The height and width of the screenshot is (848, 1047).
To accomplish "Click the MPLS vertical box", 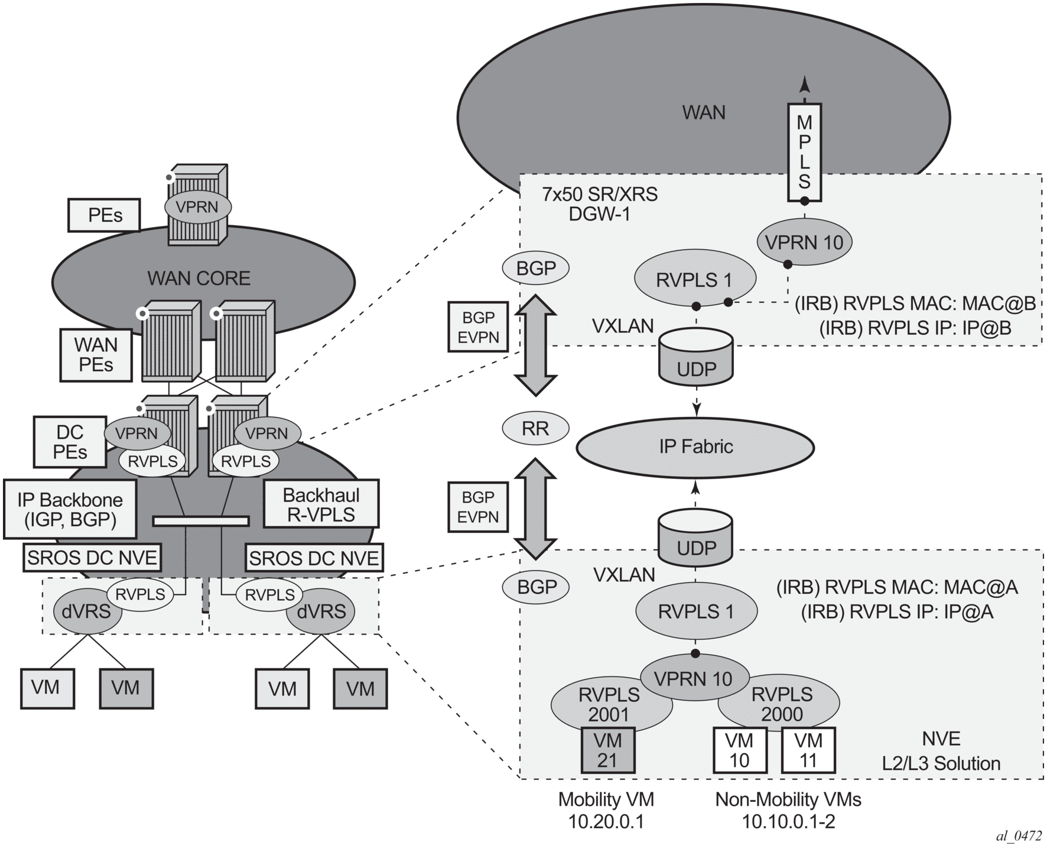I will point(804,152).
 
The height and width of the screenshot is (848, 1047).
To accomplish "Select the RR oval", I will point(535,428).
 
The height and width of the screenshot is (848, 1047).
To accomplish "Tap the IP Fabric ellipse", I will point(695,446).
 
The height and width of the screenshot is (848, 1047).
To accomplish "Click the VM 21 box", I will point(607,750).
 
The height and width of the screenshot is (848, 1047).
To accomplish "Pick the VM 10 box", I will point(740,750).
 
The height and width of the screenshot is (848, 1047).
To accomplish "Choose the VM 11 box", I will point(808,750).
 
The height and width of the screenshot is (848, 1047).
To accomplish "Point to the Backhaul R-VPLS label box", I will point(321,504).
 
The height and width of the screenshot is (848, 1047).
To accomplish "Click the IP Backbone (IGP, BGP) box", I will point(70,509).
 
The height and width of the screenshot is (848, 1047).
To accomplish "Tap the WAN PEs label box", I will point(96,354).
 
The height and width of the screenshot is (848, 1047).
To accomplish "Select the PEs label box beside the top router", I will point(105,215).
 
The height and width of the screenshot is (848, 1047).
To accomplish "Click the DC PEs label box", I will point(70,442).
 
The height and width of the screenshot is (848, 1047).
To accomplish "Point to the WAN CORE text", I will point(199,278).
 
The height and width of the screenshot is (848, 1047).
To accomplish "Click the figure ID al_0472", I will point(1019,836).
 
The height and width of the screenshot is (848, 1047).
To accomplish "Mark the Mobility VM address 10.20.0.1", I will point(606,821).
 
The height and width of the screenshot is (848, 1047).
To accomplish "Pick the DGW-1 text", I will point(599,214).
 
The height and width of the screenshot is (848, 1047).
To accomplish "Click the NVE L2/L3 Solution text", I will point(941,751).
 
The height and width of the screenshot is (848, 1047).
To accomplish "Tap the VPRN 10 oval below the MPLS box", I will point(804,242).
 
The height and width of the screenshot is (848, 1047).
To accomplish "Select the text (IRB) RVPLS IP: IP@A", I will point(897,611).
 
